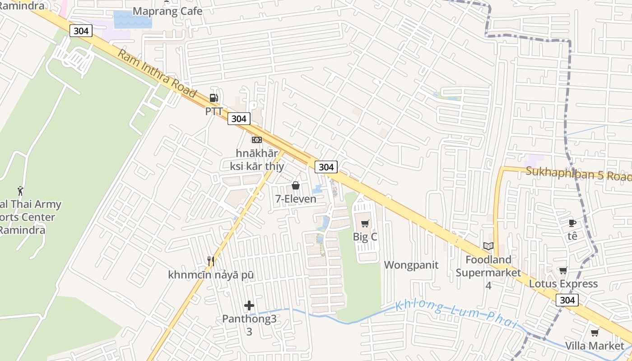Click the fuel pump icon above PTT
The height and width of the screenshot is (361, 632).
[214, 98]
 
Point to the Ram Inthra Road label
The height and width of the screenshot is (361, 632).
[157, 74]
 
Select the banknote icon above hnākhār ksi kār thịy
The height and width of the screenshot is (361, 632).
[256, 140]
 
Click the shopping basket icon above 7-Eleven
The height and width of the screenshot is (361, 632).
[296, 185]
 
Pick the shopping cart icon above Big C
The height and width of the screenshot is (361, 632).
[365, 224]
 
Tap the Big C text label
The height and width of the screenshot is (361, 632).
[365, 237]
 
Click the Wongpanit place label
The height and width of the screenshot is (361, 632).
[411, 265]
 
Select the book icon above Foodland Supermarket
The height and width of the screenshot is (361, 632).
[488, 246]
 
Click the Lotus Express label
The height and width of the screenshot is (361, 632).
[563, 284]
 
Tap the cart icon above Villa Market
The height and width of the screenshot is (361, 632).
[595, 333]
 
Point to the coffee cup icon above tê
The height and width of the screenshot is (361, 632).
[572, 223]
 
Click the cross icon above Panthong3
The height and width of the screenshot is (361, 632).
[249, 305]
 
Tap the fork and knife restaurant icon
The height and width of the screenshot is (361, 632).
[210, 261]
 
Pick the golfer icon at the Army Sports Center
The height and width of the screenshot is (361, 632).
[20, 191]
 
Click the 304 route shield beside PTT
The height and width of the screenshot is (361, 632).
[238, 119]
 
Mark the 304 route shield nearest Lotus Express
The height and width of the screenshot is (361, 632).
[567, 300]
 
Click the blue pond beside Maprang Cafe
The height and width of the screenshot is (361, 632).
[132, 20]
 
